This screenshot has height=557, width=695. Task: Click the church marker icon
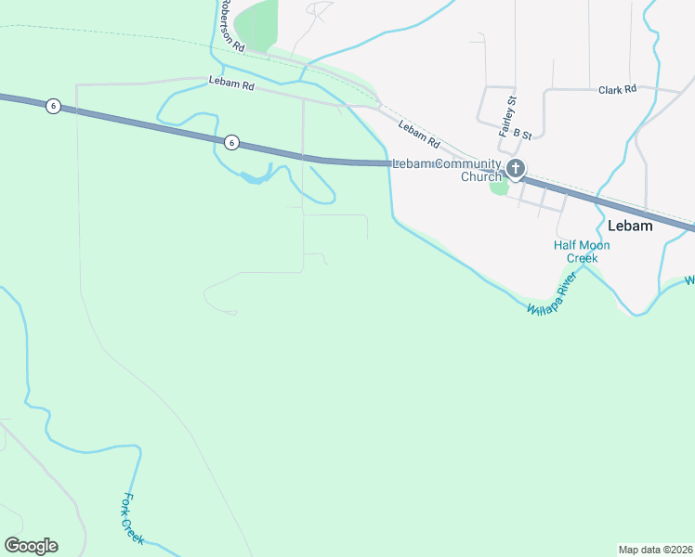[x=516, y=168]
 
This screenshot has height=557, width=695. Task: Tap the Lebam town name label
[x=629, y=226]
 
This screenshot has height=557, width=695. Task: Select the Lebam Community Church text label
[x=446, y=170]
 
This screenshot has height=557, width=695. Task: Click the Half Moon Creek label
[x=582, y=252]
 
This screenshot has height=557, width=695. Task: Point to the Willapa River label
[x=552, y=295]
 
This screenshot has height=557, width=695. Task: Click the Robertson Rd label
[x=232, y=25]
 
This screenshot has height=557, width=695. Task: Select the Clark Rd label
[x=617, y=90]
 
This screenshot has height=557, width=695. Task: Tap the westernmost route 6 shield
[x=53, y=106]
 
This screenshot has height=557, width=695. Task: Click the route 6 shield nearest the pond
[x=231, y=142]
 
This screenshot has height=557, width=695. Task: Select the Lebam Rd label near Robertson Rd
[x=231, y=84]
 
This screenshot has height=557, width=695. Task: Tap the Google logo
[x=31, y=546]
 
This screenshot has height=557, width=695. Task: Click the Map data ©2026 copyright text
[x=655, y=549]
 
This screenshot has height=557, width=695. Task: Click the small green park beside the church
[x=499, y=187]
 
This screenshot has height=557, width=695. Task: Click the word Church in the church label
[x=481, y=176]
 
